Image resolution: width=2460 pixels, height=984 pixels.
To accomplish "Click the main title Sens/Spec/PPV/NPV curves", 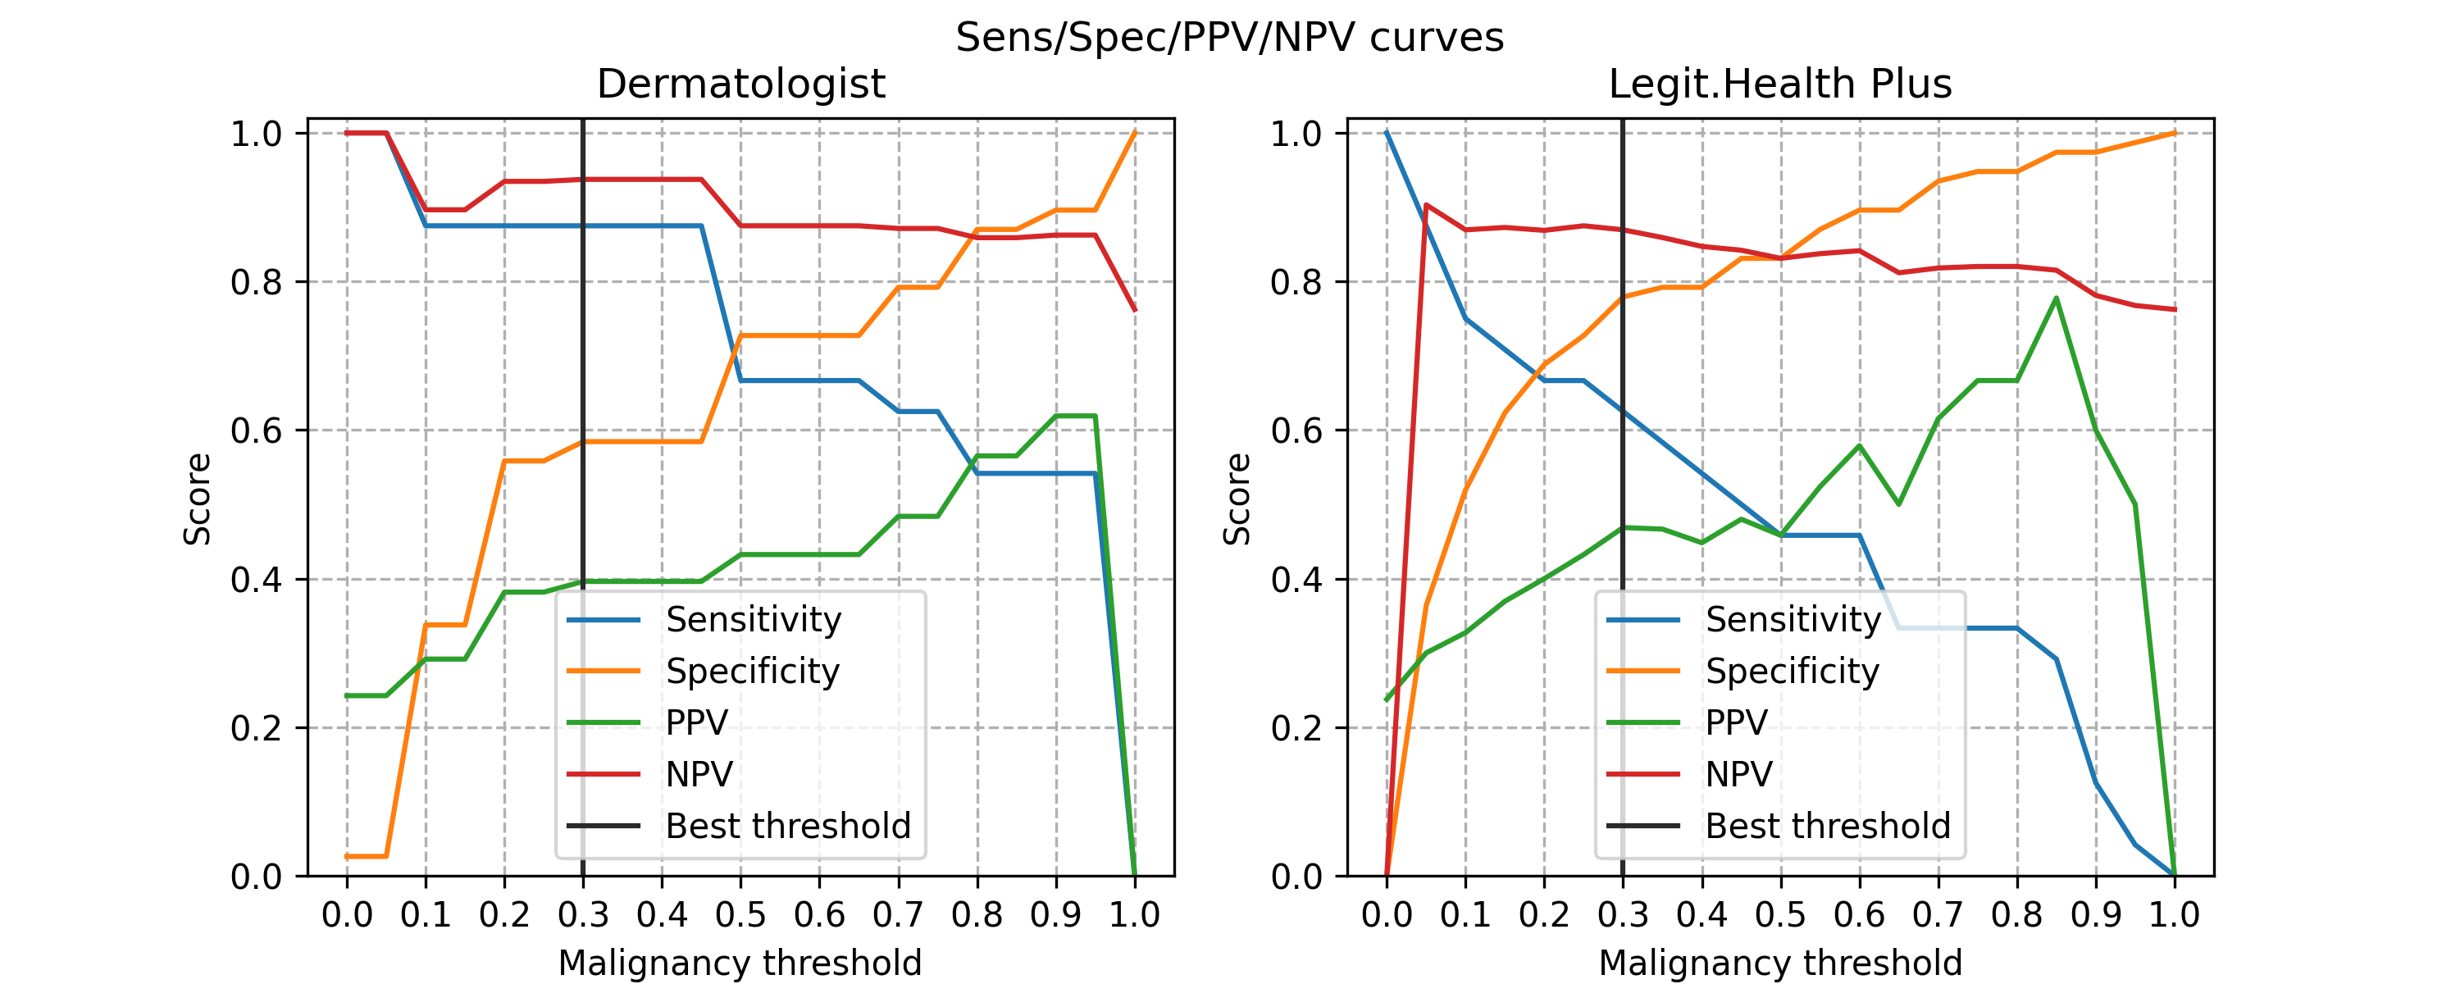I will click(1229, 37).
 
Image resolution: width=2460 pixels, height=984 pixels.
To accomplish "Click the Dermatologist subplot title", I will click(741, 84).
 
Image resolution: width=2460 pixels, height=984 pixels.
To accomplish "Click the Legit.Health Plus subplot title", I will click(1780, 84).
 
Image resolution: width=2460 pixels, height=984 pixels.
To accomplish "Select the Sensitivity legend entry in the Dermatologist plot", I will click(753, 619).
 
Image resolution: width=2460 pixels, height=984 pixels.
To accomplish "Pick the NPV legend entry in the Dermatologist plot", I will click(699, 774).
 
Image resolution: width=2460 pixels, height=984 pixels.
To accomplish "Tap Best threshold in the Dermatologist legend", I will click(788, 826).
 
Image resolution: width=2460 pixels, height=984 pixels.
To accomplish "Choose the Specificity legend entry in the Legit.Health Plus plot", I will click(1792, 671).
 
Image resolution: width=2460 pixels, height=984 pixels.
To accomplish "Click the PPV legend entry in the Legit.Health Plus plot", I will click(1736, 722).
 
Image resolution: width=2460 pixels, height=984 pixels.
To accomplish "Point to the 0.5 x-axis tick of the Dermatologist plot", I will click(740, 914).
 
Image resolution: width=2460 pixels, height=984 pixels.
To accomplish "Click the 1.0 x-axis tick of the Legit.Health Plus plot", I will click(2175, 914).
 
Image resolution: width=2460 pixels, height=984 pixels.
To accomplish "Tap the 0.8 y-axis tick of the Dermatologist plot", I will click(257, 282).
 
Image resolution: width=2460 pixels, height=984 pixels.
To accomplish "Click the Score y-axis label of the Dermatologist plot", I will click(198, 499).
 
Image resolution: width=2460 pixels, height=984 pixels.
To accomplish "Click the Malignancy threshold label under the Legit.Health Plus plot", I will click(1780, 963).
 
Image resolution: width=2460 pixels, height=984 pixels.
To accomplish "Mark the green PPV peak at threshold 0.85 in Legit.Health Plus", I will click(2056, 298).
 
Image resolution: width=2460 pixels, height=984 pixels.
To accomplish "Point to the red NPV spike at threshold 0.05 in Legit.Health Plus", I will click(1426, 204).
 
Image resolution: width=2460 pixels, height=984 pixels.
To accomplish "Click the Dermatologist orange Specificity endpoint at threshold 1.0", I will click(1135, 133).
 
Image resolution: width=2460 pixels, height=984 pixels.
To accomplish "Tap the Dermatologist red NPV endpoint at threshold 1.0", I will click(1135, 309).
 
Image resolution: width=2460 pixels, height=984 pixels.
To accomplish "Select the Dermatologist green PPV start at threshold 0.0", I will click(347, 695).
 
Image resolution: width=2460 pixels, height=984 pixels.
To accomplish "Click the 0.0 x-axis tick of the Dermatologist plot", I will click(347, 914).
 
